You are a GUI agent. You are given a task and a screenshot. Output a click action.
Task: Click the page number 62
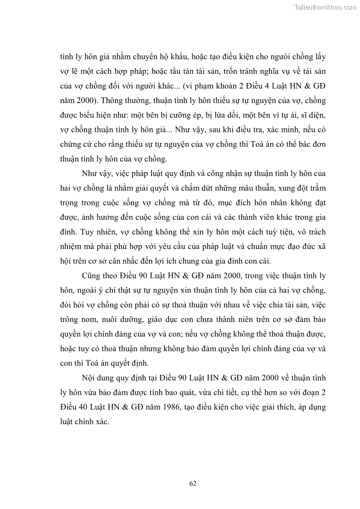[193, 483]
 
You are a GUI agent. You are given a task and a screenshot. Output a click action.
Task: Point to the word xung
[285, 188]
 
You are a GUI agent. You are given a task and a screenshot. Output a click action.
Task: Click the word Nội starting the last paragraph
[89, 378]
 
